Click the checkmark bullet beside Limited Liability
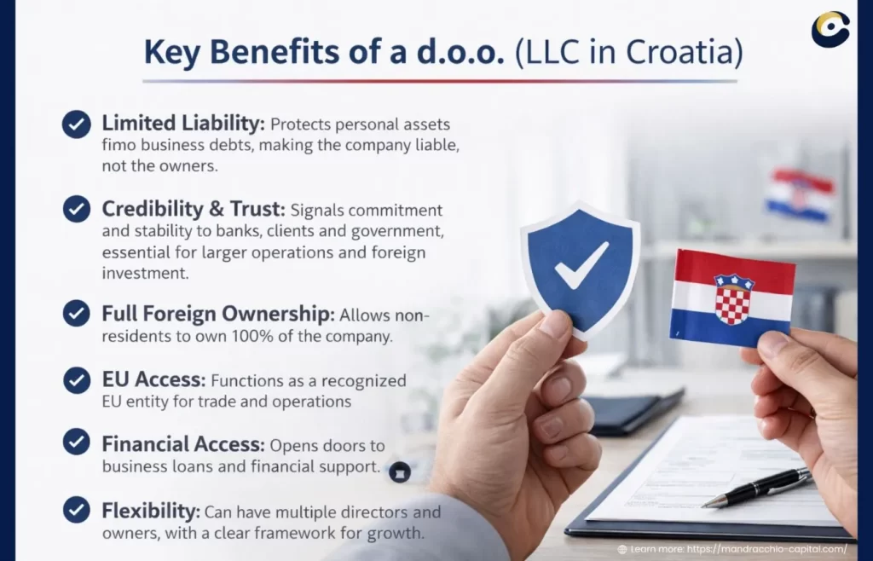click(77, 124)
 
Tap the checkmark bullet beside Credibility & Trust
click(77, 209)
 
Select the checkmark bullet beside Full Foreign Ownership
click(77, 313)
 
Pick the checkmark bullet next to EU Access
click(77, 380)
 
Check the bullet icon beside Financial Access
click(77, 442)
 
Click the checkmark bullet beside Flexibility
click(77, 511)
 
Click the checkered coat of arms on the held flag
click(733, 299)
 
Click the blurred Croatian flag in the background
click(799, 194)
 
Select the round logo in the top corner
click(830, 29)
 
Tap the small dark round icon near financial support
click(399, 471)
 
